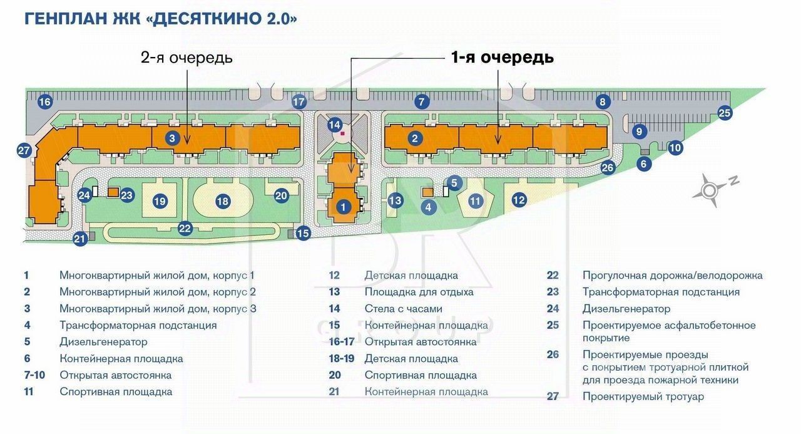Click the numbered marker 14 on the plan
[335, 125]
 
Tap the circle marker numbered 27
[24, 150]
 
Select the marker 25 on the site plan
[725, 113]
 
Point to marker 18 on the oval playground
[222, 201]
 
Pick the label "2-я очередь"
[186, 57]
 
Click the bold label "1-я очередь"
[503, 57]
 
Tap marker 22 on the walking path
[185, 228]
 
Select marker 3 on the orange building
[172, 138]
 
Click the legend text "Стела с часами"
[404, 308]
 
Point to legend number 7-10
[34, 375]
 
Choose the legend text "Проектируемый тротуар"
[643, 397]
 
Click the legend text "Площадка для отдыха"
[419, 292]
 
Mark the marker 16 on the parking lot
[45, 102]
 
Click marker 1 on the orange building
[344, 207]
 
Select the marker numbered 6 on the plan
[644, 164]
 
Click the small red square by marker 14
[342, 133]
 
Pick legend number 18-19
[342, 358]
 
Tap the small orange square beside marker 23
[113, 192]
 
